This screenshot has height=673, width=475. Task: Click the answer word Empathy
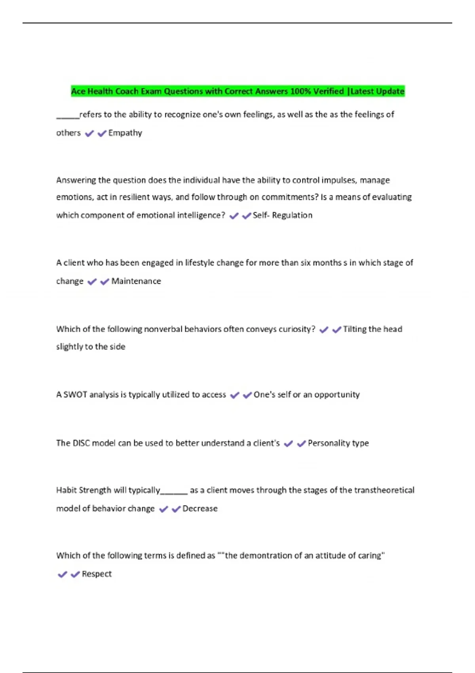125,133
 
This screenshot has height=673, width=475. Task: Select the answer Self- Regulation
282,215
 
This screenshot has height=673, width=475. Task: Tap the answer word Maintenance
136,281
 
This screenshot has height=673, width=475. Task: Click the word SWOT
75,395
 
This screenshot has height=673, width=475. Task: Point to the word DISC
81,443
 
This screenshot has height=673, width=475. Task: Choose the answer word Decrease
200,509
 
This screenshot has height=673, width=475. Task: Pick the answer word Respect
97,574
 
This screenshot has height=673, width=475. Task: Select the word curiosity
297,329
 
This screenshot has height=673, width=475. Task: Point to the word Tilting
355,329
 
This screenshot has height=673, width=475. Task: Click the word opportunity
337,395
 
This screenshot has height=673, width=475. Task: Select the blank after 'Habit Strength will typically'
174,492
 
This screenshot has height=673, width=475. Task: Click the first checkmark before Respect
63,574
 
